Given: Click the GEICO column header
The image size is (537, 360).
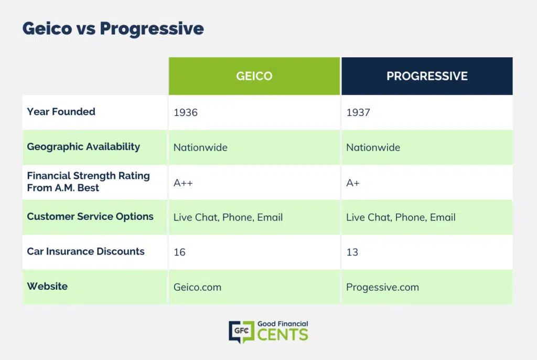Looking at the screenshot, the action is [254, 76].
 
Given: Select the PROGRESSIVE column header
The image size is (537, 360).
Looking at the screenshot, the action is [427, 76].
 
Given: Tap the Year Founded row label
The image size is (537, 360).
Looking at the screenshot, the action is [61, 112].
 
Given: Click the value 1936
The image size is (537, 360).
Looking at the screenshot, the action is [186, 112].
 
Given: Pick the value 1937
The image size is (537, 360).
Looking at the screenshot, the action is [358, 112].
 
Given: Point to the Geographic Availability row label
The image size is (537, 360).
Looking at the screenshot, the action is [83, 147].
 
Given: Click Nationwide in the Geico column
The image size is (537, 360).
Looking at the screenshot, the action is [200, 147].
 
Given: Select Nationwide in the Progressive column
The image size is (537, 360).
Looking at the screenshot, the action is [373, 147].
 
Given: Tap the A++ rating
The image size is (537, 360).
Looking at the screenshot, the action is [183, 183].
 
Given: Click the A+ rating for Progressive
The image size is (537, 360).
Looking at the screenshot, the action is [353, 183].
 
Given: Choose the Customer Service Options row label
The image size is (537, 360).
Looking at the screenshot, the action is [90, 217].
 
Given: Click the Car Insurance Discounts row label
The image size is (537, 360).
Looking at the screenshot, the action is [85, 251].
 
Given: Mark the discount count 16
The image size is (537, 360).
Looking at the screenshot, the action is [179, 252].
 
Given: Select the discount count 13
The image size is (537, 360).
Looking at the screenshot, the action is [352, 252].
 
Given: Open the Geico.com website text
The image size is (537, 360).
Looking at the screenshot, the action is [197, 287].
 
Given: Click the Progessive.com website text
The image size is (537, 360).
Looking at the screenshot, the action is [382, 287].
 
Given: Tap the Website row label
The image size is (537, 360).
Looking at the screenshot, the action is [47, 287].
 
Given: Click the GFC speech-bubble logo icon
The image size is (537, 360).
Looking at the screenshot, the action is [241, 332].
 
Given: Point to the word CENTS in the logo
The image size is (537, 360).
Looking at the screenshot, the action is [283, 335].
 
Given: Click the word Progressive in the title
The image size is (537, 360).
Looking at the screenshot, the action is [152, 28].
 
